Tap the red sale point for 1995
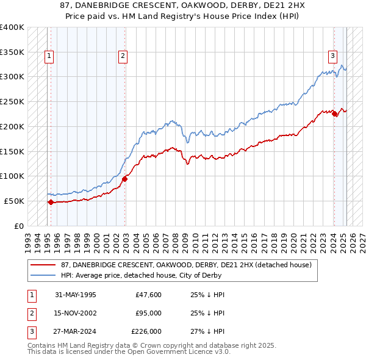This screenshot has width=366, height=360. click(50, 202)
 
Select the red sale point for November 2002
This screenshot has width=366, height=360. click(124, 179)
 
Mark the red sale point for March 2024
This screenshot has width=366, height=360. click(335, 114)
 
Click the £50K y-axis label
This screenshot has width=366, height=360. click(14, 201)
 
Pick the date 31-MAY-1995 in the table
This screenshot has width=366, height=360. click(75, 295)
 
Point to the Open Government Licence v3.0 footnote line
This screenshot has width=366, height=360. click(129, 352)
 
